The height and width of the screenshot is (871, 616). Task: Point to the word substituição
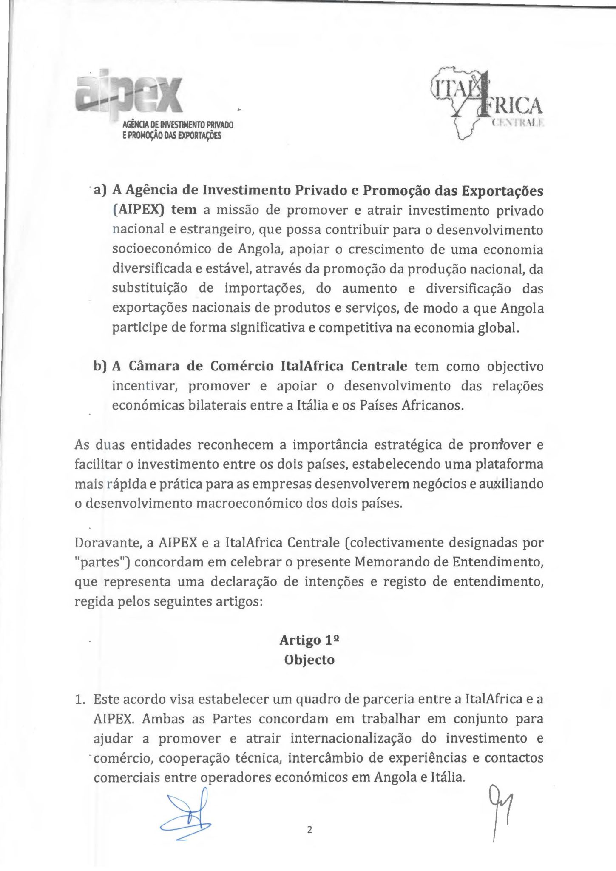point(150,288)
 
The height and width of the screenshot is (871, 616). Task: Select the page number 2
point(309,829)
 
